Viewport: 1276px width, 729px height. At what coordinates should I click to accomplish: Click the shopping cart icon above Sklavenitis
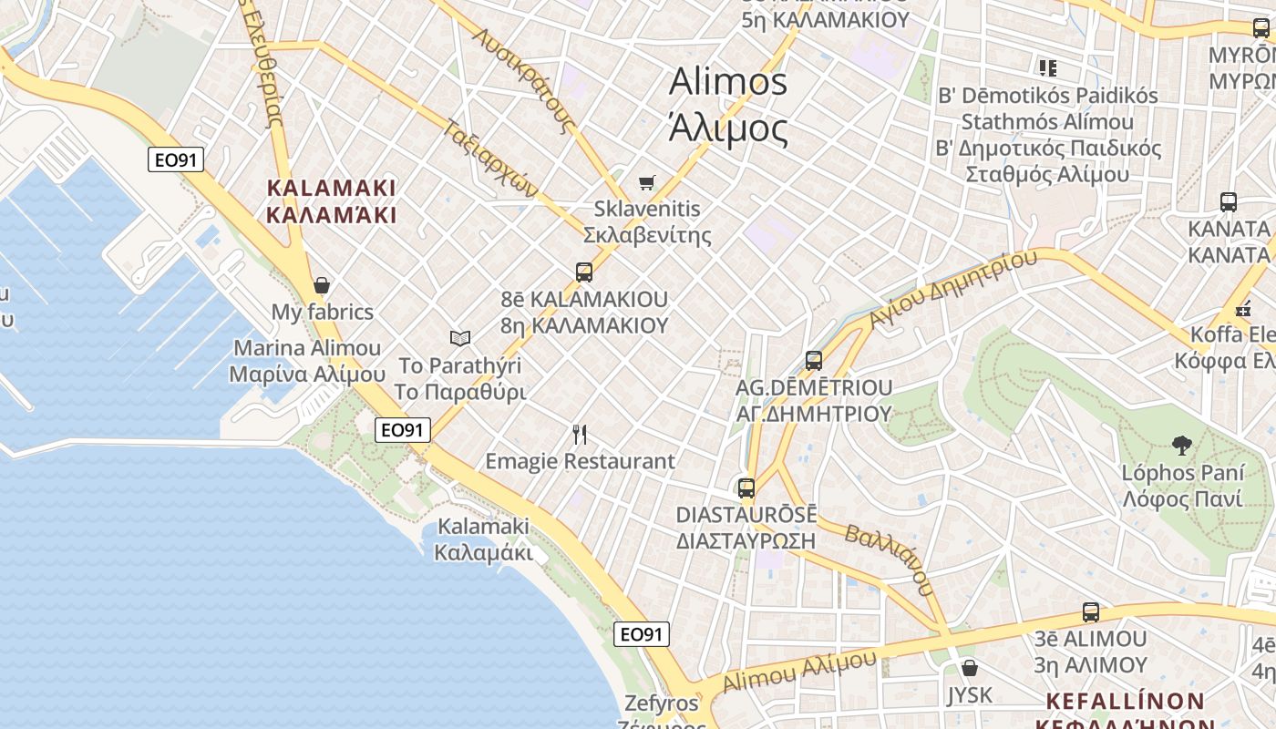646,182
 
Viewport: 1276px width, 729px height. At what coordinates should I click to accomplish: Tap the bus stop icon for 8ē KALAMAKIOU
584,272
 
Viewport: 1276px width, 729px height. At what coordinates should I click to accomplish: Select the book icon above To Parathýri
460,338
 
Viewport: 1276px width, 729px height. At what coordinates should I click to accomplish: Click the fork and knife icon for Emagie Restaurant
579,434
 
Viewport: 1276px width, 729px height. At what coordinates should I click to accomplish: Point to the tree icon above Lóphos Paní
1182,446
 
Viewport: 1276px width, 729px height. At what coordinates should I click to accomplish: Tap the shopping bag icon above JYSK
970,668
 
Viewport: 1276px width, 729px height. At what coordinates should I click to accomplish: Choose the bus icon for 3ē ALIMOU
1091,611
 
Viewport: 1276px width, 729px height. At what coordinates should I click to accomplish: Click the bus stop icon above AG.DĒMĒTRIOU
814,361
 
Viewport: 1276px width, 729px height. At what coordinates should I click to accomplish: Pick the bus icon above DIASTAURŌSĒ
746,488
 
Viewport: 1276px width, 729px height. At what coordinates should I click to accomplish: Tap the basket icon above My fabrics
321,285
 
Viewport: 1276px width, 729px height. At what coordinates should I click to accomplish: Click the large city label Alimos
727,82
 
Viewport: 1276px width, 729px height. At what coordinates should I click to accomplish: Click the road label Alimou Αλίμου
799,672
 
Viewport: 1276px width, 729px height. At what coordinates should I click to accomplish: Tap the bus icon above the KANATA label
1229,201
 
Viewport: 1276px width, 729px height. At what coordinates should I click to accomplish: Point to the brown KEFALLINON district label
1125,702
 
